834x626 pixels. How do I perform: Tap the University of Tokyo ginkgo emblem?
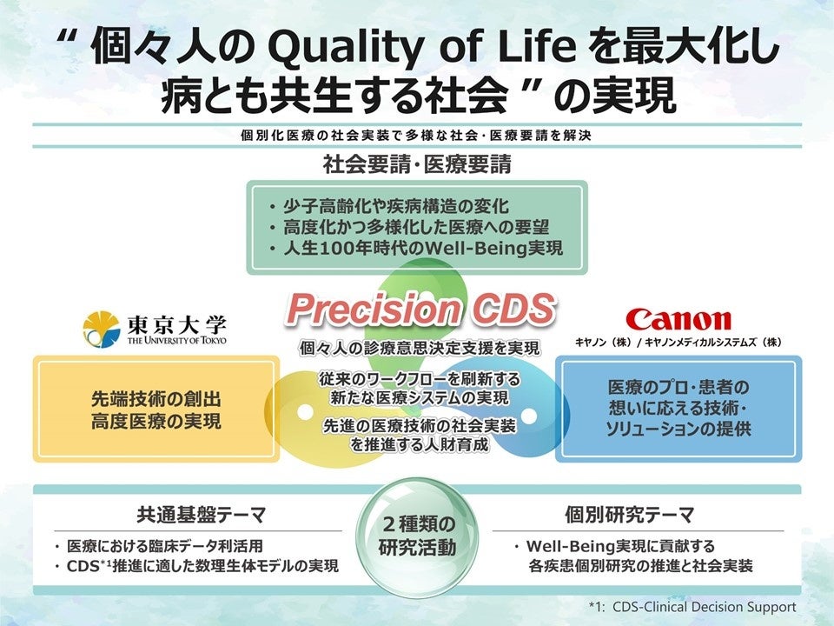pyautogui.click(x=101, y=330)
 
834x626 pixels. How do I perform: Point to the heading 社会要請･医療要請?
pyautogui.click(x=416, y=163)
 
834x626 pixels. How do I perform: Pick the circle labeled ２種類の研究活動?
pyautogui.click(x=417, y=536)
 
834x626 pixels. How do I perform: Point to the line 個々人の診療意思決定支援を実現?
pyautogui.click(x=419, y=349)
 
